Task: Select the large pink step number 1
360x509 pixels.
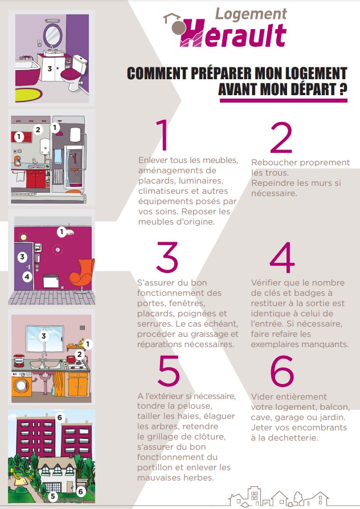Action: pyautogui.click(x=162, y=135)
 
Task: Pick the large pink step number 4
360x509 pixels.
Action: pyautogui.click(x=282, y=258)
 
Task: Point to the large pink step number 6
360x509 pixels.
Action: pyautogui.click(x=282, y=370)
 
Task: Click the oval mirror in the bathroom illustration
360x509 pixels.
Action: pyautogui.click(x=53, y=34)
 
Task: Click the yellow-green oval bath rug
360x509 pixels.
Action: pyautogui.click(x=28, y=94)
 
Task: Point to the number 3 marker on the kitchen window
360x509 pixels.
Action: pyautogui.click(x=44, y=336)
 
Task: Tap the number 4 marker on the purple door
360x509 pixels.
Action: pyautogui.click(x=27, y=277)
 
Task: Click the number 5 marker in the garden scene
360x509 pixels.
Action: pyautogui.click(x=53, y=496)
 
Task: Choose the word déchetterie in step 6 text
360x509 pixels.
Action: pyautogui.click(x=293, y=438)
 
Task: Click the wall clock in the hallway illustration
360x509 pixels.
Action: pyautogui.click(x=58, y=250)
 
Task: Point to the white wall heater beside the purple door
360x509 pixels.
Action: pyautogui.click(x=51, y=281)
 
